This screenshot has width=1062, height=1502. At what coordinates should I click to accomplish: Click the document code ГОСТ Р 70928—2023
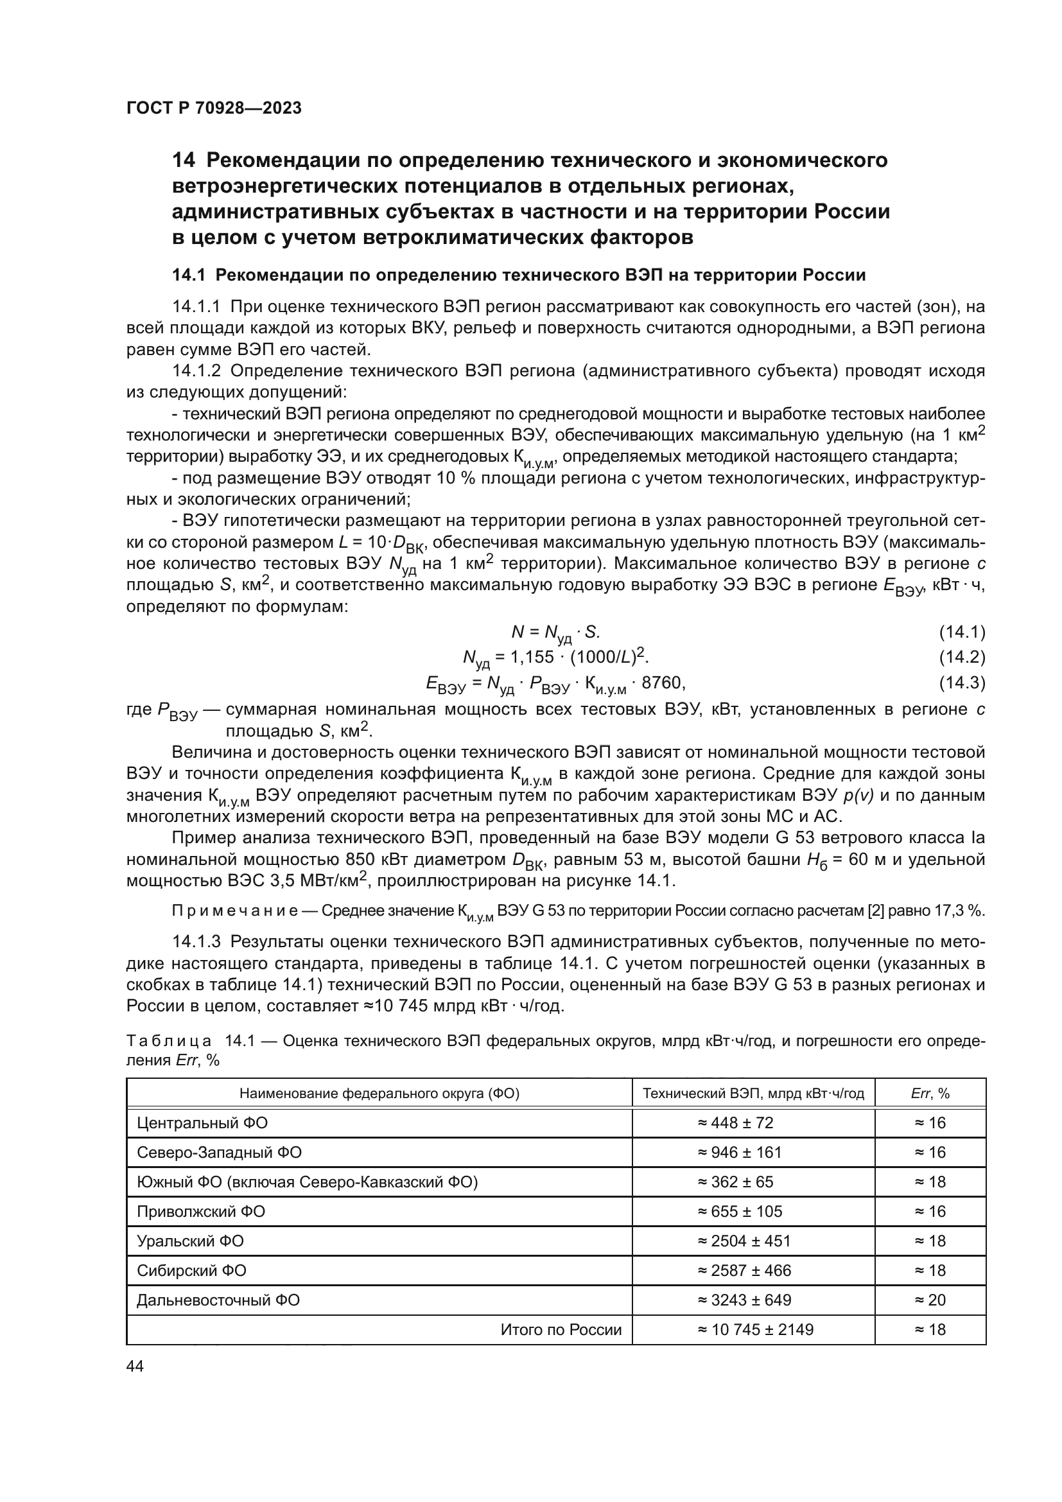coord(214,109)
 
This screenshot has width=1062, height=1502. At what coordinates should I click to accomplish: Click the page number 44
coord(135,1367)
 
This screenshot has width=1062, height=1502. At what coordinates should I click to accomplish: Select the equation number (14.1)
coord(961,632)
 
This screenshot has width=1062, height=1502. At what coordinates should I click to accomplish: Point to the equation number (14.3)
coord(961,683)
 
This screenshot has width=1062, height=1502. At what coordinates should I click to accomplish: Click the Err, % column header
coord(930,1093)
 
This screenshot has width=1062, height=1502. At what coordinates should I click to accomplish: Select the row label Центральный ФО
coord(202,1123)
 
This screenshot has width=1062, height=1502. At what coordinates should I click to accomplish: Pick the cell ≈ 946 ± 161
coord(740,1153)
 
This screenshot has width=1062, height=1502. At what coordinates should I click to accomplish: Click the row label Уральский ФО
coord(190,1241)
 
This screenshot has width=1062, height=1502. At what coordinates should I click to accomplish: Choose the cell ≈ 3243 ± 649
coord(744,1300)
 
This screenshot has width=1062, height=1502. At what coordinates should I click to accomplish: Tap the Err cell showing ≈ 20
coord(930,1300)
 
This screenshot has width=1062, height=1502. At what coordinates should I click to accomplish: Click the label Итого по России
coord(561,1329)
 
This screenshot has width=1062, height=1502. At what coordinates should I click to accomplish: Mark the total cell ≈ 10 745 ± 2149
coord(755,1329)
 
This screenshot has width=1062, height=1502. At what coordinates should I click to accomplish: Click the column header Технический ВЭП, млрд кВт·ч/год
coord(753,1093)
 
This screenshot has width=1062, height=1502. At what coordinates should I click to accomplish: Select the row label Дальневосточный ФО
coord(218,1300)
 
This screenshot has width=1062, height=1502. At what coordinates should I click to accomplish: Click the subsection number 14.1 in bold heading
coord(189,275)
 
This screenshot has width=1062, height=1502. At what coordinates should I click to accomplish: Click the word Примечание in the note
coord(235,911)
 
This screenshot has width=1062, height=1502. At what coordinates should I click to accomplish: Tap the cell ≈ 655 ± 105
coord(740,1212)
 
